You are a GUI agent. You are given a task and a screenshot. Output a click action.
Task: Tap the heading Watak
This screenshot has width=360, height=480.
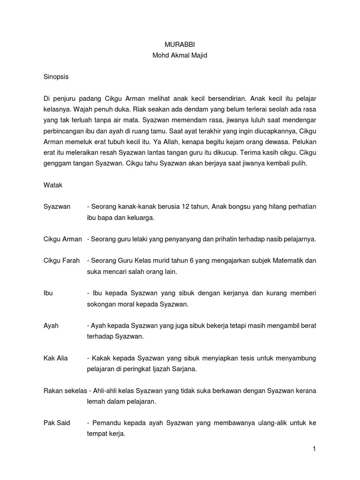pyautogui.click(x=52, y=185)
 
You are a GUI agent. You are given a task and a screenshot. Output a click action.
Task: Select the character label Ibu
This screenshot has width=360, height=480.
pyautogui.click(x=48, y=293)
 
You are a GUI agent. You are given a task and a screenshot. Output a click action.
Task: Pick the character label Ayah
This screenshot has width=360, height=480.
pyautogui.click(x=51, y=325)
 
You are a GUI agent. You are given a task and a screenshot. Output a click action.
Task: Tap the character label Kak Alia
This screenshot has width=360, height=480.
pyautogui.click(x=55, y=358)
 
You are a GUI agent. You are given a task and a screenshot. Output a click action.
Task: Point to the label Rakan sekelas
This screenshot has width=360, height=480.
pyautogui.click(x=62, y=390)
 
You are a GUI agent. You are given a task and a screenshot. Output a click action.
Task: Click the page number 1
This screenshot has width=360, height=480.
pyautogui.click(x=315, y=449)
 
